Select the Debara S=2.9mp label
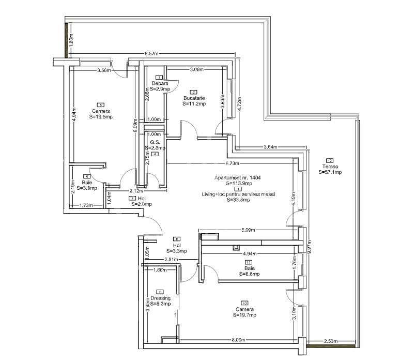160,86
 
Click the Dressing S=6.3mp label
160,301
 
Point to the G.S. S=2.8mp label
155,145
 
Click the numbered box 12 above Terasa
329,160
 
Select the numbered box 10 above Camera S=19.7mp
244,303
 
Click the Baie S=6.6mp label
249,271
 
